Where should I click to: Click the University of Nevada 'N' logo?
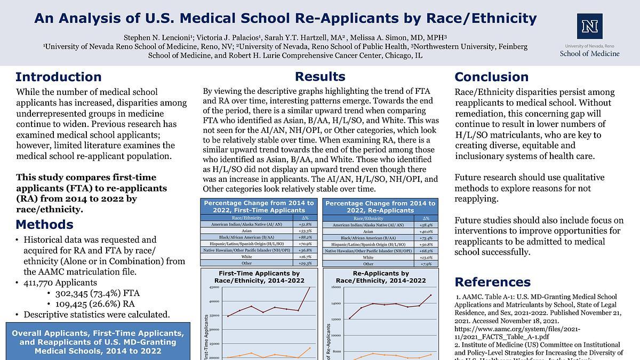tap(589, 26)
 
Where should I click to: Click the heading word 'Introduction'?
tap(59, 77)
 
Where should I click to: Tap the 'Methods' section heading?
tap(45, 224)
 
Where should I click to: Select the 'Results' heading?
tap(320, 76)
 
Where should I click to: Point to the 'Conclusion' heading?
tap(491, 77)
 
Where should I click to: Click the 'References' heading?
tap(492, 282)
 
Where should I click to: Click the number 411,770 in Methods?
tap(41, 283)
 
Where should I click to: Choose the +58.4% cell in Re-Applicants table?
tap(426, 225)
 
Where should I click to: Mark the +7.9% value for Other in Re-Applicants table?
tap(426, 263)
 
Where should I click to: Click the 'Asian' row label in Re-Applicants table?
tap(369, 231)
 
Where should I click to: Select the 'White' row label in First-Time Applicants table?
tap(247, 257)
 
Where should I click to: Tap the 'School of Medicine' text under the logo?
tap(589, 53)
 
